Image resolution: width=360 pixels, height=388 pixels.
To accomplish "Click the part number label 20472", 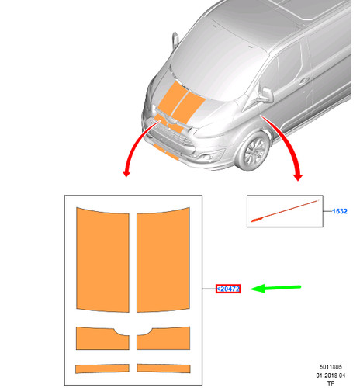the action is pyautogui.click(x=228, y=289).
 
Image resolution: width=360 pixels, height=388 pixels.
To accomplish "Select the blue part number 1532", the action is pyautogui.click(x=340, y=211).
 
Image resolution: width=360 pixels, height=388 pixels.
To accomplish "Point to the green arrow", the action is pyautogui.click(x=275, y=288).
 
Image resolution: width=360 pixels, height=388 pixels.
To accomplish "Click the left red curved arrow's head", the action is pyautogui.click(x=126, y=173).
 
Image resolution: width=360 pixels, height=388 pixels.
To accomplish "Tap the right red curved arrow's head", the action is pyautogui.click(x=298, y=177).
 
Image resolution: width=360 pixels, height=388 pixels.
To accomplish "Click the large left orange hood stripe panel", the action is pyautogui.click(x=102, y=259).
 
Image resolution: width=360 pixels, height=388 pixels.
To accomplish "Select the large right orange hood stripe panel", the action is pyautogui.click(x=163, y=259).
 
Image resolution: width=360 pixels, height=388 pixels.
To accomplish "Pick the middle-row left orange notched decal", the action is pyautogui.click(x=102, y=338).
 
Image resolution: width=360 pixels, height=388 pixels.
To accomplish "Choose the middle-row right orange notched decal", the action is pyautogui.click(x=163, y=338).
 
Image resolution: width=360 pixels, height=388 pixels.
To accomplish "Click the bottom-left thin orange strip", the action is pyautogui.click(x=102, y=369).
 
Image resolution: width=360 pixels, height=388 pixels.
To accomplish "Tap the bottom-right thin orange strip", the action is pyautogui.click(x=164, y=369).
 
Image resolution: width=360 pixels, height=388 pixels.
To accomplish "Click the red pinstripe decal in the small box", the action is pyautogui.click(x=285, y=211).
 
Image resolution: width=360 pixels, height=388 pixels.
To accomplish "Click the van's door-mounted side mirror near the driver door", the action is pyautogui.click(x=266, y=95).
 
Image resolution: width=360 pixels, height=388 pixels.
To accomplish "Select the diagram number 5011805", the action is pyautogui.click(x=331, y=367).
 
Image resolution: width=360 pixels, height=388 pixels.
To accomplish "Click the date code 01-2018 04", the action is pyautogui.click(x=331, y=376).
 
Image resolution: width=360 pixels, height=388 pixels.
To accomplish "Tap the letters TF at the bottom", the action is pyautogui.click(x=331, y=383).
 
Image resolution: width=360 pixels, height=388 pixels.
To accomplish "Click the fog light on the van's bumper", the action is pyautogui.click(x=208, y=156).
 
